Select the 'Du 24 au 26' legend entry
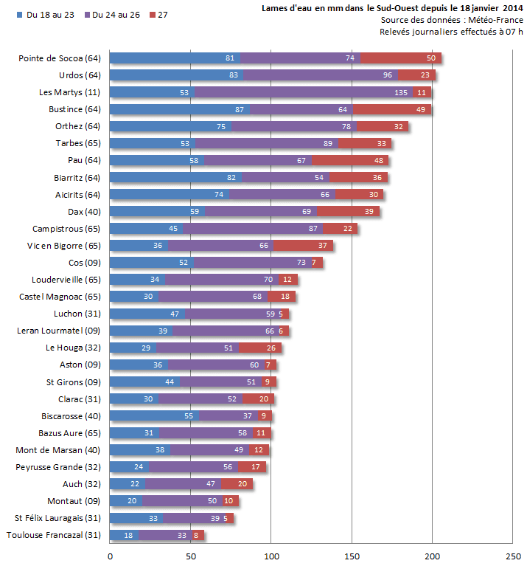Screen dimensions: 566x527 (114, 15)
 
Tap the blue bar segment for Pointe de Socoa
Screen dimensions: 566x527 (175, 58)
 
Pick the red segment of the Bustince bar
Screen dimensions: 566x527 (393, 109)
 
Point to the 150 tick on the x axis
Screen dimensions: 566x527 (352, 556)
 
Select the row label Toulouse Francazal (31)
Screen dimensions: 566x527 (54, 535)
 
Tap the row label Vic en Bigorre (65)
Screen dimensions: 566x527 (63, 246)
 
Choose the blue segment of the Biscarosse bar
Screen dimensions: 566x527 (154, 416)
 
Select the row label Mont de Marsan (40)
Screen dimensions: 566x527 (58, 450)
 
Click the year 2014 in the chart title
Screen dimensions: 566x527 (513, 8)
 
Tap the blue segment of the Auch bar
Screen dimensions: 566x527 (128, 484)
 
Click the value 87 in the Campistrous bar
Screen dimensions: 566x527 (313, 229)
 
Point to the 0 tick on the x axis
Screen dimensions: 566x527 (110, 556)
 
